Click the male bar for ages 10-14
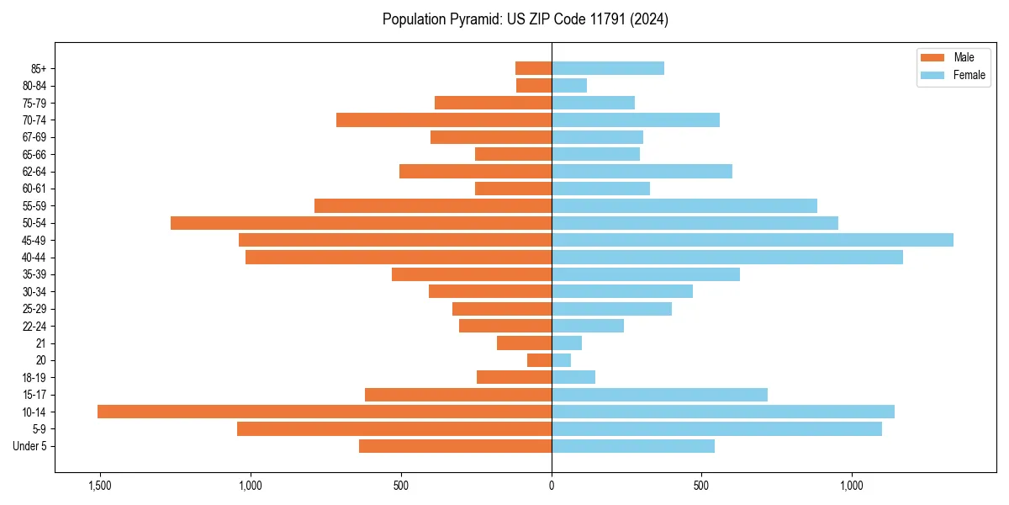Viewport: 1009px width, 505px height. coord(324,412)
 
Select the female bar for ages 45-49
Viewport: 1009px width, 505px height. coord(753,240)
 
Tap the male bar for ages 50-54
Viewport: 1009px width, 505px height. coord(361,223)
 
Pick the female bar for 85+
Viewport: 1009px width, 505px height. coord(608,68)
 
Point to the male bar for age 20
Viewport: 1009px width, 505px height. coord(539,360)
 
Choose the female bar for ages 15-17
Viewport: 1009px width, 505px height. coord(659,395)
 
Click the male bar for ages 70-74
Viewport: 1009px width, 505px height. coord(444,120)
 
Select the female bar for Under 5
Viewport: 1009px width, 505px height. coord(633,446)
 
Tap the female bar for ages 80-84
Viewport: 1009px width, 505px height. coord(569,85)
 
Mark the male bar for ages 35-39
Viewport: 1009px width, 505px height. coord(472,274)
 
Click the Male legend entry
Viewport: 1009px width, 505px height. coord(954,57)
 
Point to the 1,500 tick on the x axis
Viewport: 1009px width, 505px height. coord(100,486)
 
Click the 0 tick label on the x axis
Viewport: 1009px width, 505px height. coord(552,486)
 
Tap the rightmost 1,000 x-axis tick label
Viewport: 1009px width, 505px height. coord(852,486)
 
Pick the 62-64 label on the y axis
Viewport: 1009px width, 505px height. coord(34,172)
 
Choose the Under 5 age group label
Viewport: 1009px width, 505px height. coord(30,446)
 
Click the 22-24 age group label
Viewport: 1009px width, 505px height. coord(34,326)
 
